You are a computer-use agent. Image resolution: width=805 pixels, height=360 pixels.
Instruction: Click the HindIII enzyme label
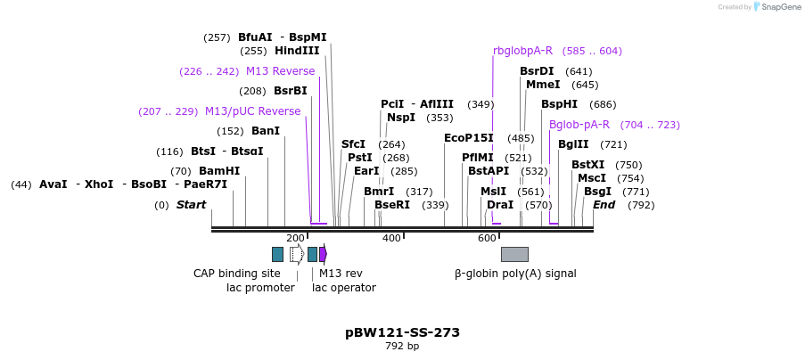pos(297,51)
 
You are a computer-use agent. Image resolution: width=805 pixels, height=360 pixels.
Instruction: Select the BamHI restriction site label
pos(219,171)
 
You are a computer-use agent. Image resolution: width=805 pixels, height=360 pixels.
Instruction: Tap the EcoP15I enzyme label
pos(468,138)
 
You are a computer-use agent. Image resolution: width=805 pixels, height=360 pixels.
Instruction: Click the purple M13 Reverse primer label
pos(280,71)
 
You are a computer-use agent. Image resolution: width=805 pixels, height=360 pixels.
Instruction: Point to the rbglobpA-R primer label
pos(522,51)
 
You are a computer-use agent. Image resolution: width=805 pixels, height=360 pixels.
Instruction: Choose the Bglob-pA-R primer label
pos(579,125)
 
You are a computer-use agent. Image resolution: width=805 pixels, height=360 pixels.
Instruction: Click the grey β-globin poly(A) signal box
pos(514,254)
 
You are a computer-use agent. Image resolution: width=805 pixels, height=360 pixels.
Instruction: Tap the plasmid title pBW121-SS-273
pos(402,332)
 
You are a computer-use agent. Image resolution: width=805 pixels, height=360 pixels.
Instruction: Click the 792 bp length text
pos(402,347)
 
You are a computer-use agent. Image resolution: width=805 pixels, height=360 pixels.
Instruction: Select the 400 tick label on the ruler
pos(391,238)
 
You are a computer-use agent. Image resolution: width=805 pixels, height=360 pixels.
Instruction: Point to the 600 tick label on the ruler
pos(487,238)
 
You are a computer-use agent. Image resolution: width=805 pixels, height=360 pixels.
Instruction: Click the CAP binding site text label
pos(237,274)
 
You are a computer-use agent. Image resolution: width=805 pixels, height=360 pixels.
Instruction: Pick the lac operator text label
pos(343,288)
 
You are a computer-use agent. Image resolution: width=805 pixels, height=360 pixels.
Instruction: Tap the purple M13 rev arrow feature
pos(324,254)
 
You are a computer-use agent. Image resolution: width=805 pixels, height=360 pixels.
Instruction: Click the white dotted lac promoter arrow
pos(297,254)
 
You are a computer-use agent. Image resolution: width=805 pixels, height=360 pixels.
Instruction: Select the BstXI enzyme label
pos(587,165)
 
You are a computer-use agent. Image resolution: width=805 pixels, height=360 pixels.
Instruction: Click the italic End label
pos(604,205)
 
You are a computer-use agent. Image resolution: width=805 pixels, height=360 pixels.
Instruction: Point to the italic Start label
pos(191,205)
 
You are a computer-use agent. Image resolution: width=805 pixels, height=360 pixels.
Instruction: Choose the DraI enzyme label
pos(499,205)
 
